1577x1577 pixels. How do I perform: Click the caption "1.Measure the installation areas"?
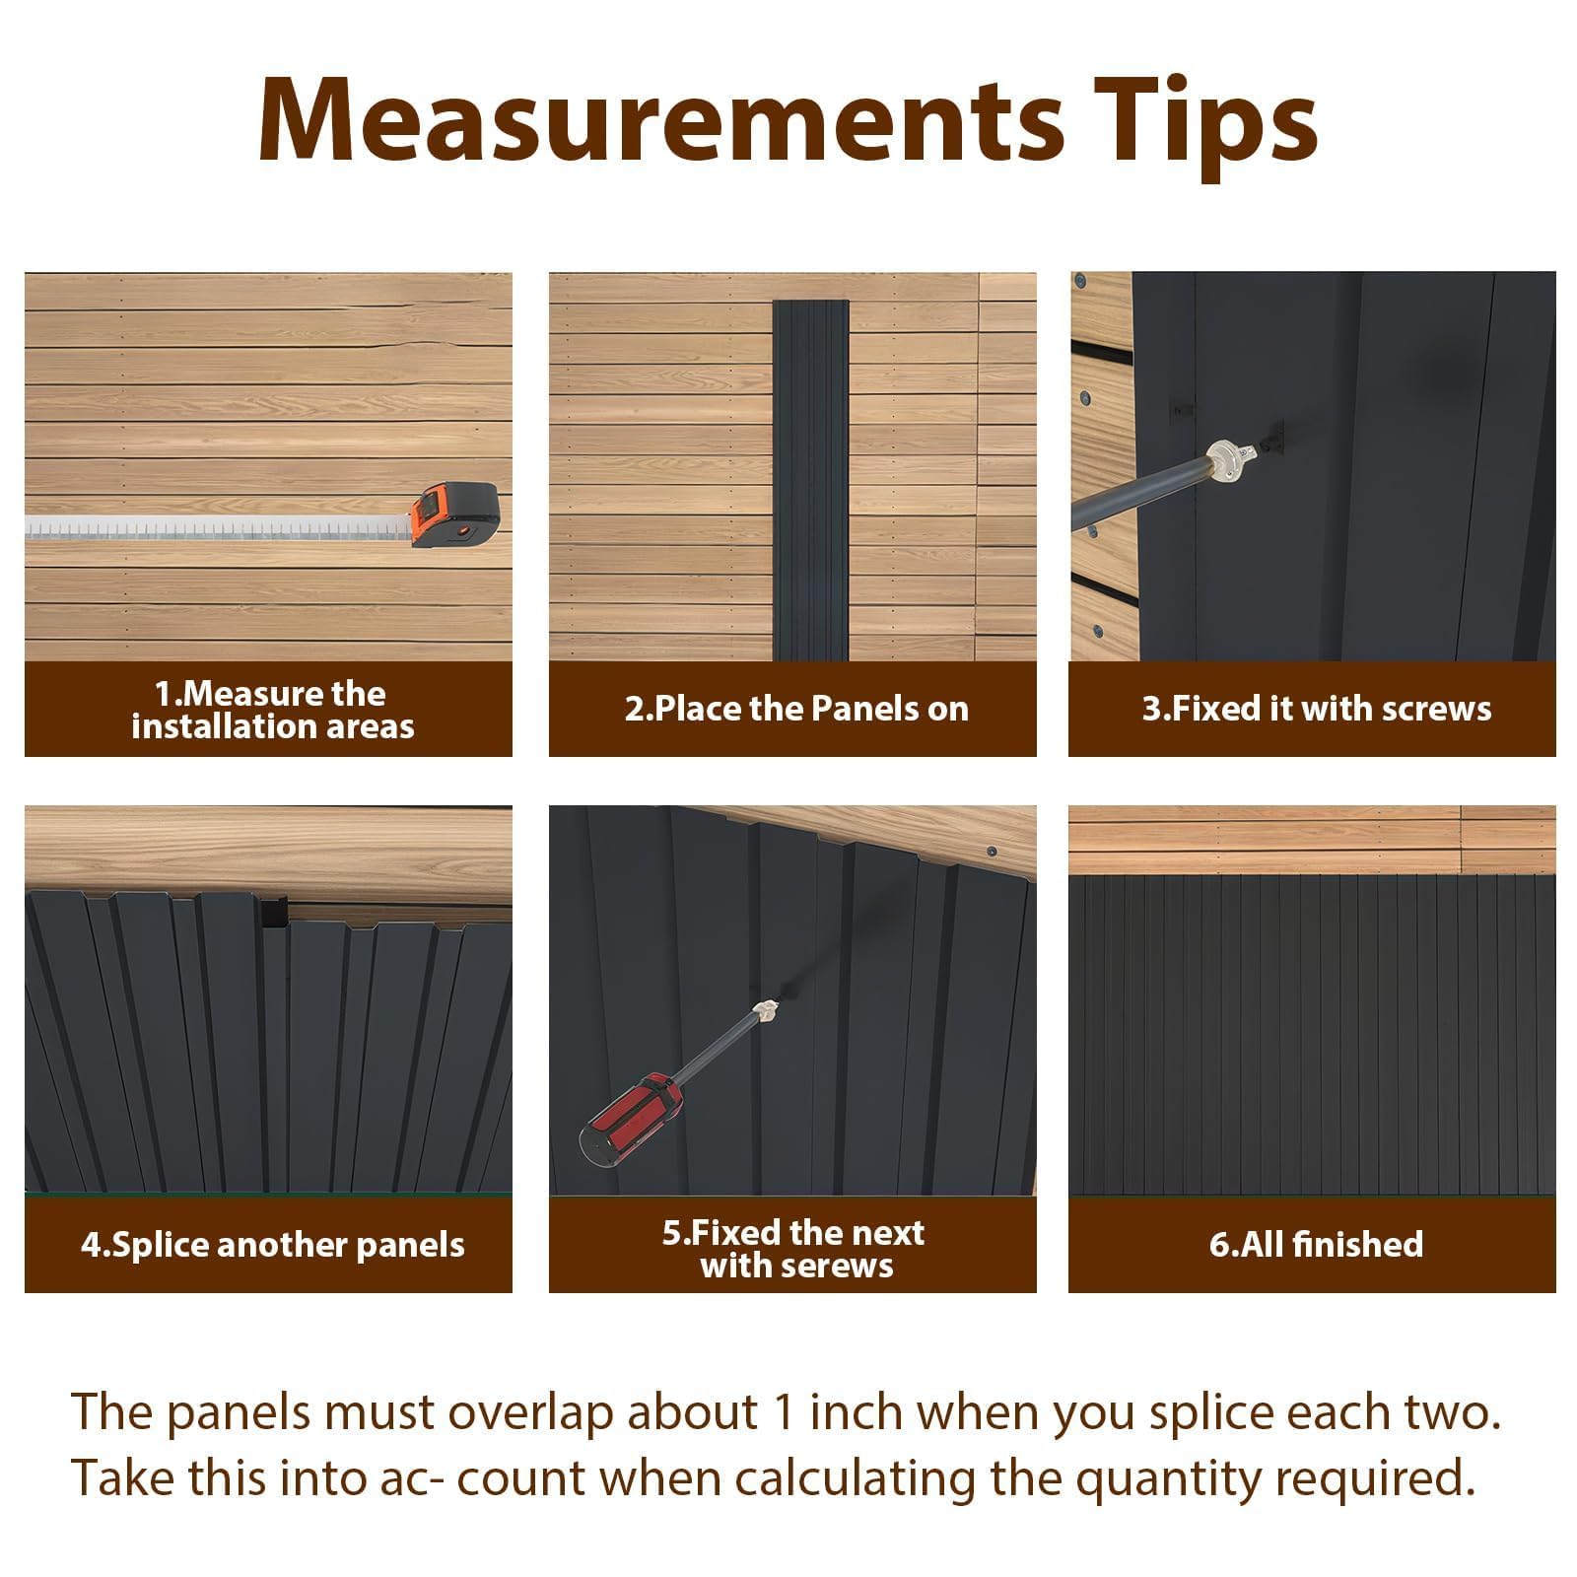pyautogui.click(x=271, y=710)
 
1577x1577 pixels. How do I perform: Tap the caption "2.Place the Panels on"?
pyautogui.click(x=796, y=709)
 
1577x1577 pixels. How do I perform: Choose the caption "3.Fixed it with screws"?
pyautogui.click(x=1317, y=709)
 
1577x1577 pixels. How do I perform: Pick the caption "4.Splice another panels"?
pyautogui.click(x=272, y=1245)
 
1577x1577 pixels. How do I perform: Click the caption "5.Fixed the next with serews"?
pyautogui.click(x=794, y=1249)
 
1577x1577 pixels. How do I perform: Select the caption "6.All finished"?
pyautogui.click(x=1317, y=1244)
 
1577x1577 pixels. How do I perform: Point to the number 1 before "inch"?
pyautogui.click(x=785, y=1412)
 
